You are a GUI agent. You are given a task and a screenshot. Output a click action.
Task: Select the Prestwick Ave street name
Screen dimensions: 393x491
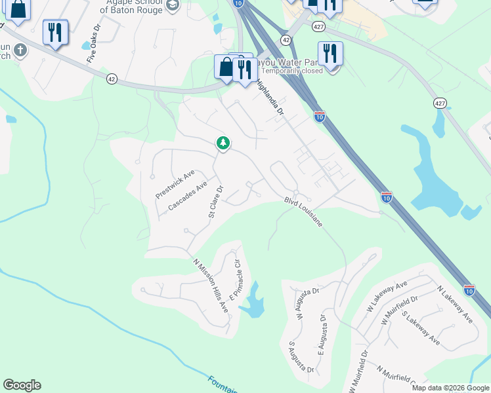(175, 185)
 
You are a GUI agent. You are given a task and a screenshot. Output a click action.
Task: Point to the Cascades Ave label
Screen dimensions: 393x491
(188, 197)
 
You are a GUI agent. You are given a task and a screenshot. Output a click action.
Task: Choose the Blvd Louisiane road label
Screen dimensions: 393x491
(303, 212)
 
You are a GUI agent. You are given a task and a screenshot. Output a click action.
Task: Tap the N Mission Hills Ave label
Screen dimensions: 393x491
(210, 285)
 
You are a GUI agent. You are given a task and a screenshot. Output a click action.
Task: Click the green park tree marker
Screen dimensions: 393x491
(223, 142)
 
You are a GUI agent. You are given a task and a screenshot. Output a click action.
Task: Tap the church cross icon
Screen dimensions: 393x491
(20, 50)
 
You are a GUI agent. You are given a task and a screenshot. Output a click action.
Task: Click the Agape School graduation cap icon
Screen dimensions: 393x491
(173, 6)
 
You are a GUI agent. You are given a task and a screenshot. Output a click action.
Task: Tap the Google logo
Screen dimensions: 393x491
(22, 385)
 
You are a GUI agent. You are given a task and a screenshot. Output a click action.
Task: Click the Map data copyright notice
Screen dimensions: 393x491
(450, 388)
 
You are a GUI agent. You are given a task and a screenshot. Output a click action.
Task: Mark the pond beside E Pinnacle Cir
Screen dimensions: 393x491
(253, 303)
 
